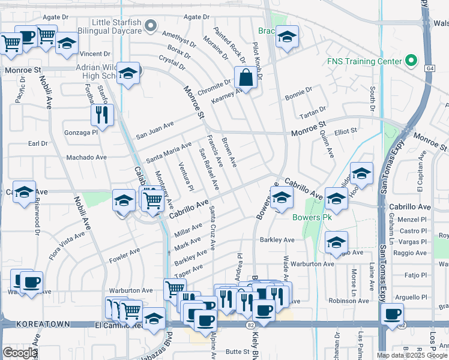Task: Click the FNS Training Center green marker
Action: click(411, 61)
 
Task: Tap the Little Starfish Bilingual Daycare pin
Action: click(151, 26)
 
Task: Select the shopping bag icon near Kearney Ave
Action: click(246, 77)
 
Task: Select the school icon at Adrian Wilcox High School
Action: click(128, 74)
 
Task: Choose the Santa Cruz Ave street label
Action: click(212, 228)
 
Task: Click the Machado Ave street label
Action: click(86, 157)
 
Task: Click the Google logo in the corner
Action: click(19, 353)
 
